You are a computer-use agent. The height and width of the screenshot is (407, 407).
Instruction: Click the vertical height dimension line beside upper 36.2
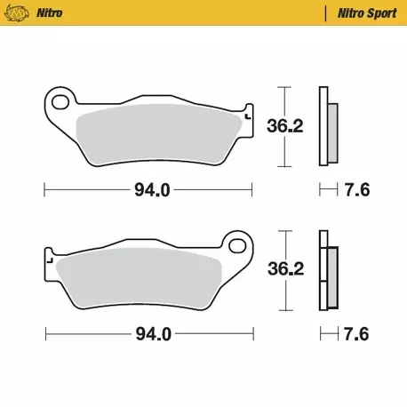coord(283,127)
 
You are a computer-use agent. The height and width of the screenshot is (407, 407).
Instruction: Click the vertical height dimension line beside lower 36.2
coord(283,269)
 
